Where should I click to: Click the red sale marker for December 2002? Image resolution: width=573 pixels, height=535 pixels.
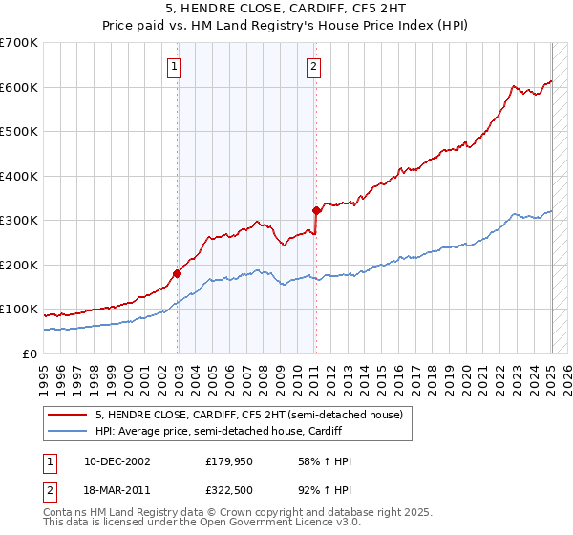[x=177, y=273]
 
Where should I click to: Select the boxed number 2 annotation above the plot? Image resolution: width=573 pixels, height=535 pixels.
[x=314, y=66]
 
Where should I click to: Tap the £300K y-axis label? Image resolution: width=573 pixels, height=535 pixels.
[x=20, y=220]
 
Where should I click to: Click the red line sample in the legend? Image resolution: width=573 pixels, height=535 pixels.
[x=68, y=415]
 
